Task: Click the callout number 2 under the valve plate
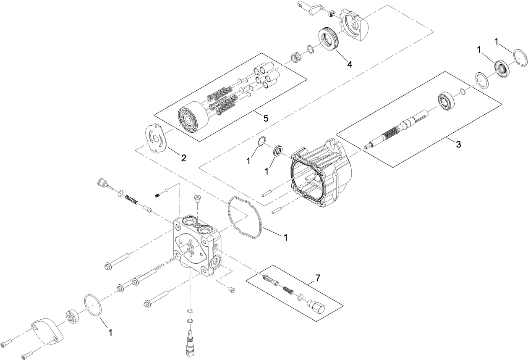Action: [183, 158]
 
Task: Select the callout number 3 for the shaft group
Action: [458, 145]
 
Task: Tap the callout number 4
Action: [349, 64]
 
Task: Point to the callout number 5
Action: [266, 118]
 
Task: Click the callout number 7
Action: [318, 278]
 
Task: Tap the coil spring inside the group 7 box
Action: [288, 289]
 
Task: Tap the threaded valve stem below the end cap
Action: [191, 340]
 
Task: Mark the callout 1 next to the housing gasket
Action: [285, 237]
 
